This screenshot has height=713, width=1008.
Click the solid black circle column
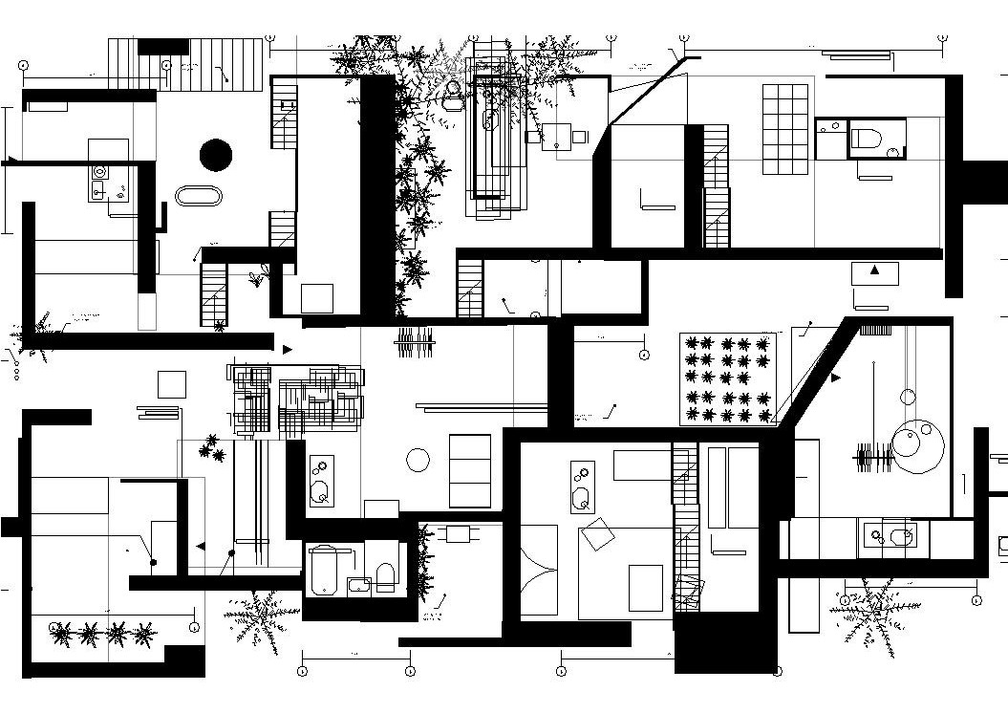(216, 154)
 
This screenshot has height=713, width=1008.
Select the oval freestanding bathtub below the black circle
(199, 196)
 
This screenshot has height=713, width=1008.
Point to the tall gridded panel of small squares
(785, 129)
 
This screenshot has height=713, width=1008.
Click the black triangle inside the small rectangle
(874, 271)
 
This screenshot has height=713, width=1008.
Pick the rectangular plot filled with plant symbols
(728, 378)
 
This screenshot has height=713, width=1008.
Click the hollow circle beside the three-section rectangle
(418, 461)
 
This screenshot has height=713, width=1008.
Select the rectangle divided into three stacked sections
(469, 470)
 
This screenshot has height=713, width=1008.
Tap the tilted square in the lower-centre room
(598, 533)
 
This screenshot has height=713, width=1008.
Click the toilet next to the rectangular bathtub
(386, 575)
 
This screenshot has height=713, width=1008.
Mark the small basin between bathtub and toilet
(359, 585)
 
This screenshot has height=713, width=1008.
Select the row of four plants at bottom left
(103, 632)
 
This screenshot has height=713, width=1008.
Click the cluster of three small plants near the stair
(212, 446)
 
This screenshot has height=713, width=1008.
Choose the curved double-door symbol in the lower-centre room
(539, 570)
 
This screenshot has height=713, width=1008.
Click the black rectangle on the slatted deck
(163, 47)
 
